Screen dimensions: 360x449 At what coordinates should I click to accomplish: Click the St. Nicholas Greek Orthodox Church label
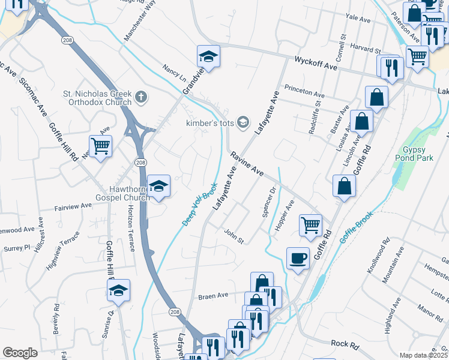tap(97, 97)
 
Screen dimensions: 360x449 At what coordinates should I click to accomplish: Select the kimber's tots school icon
tap(243, 122)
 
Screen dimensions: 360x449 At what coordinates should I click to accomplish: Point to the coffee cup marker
tap(298, 258)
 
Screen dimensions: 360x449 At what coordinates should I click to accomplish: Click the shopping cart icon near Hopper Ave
tap(310, 226)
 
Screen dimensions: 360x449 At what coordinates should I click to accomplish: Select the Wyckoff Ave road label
tap(316, 62)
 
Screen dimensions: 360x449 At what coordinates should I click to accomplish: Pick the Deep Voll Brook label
tap(199, 204)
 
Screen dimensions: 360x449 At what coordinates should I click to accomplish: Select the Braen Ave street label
tap(214, 295)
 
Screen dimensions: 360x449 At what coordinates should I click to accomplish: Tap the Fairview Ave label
tap(73, 206)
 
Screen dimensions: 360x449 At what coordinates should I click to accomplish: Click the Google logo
tap(20, 353)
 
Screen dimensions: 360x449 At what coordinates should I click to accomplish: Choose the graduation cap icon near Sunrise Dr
tap(118, 291)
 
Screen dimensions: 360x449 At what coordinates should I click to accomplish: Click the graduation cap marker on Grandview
tap(208, 56)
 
